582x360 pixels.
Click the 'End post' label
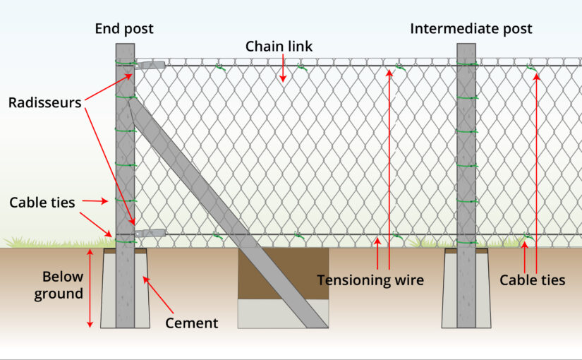[124, 29]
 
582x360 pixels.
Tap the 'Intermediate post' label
[471, 29]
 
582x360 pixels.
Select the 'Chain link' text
[279, 47]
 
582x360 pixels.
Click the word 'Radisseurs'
[45, 102]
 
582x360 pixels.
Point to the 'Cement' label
[191, 323]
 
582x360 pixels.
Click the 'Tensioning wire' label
[370, 280]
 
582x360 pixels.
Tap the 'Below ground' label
[59, 285]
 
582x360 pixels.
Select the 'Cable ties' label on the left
[42, 203]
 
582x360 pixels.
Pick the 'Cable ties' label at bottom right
[532, 280]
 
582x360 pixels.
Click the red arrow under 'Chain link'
[283, 68]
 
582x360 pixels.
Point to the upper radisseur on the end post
[150, 66]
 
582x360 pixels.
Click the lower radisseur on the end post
[150, 234]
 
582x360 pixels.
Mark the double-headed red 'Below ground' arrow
[90, 288]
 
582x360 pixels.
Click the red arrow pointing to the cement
[158, 295]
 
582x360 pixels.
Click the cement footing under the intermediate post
[466, 288]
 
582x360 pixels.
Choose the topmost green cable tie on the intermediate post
[467, 64]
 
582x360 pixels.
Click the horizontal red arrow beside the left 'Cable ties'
[95, 201]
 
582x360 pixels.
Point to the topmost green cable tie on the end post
[126, 62]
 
